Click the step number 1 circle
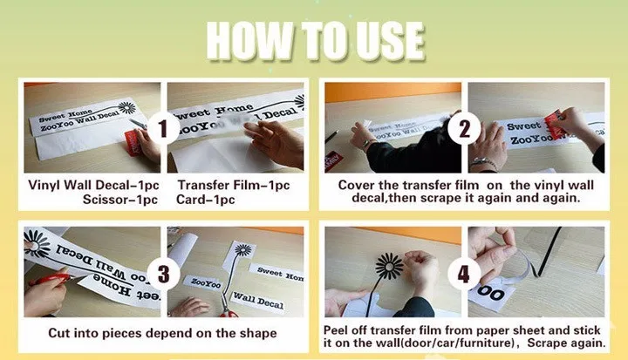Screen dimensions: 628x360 (x=162, y=128)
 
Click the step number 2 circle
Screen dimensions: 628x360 (x=464, y=128)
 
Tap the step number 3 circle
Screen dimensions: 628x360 (x=162, y=274)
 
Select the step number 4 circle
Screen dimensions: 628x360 (x=464, y=274)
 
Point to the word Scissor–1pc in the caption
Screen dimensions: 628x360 (x=120, y=200)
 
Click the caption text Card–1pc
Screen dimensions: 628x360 (x=206, y=200)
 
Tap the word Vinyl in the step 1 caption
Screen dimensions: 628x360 (x=44, y=186)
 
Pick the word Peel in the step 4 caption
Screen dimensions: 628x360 (x=335, y=330)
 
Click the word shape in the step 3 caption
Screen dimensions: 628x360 (x=258, y=334)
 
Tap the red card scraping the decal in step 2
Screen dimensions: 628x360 (x=555, y=124)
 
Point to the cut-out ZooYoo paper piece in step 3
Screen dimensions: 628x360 (x=204, y=282)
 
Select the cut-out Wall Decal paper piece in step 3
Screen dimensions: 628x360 (x=258, y=301)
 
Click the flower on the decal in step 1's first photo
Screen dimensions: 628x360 (x=126, y=107)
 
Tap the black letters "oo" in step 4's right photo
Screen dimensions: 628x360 (x=490, y=294)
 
